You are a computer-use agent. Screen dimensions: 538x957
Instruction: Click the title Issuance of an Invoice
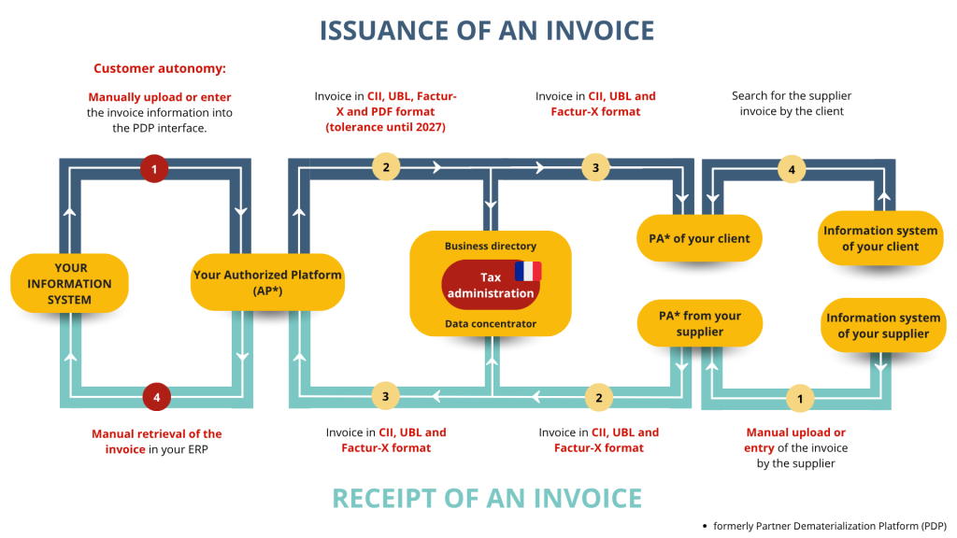(487, 30)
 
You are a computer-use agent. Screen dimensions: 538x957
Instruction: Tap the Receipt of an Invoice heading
(487, 498)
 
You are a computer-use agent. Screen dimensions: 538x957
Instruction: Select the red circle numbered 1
(153, 168)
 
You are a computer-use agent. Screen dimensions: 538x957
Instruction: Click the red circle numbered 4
(157, 397)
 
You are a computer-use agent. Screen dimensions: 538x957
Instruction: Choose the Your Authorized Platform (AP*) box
(267, 282)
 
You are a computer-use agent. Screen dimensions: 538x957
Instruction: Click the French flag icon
(528, 271)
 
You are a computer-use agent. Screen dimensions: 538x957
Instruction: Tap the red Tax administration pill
(491, 285)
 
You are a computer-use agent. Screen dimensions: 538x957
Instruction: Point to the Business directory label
(491, 247)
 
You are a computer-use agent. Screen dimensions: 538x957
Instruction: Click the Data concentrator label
(491, 323)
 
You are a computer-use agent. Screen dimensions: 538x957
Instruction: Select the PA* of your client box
(699, 238)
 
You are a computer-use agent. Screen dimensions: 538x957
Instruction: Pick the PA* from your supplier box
(699, 323)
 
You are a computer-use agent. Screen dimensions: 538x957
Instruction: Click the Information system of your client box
(880, 238)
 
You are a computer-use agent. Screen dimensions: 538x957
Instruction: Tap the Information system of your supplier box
(883, 325)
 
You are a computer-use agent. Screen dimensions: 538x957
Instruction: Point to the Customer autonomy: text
(160, 68)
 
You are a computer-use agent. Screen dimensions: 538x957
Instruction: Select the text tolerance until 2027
(385, 127)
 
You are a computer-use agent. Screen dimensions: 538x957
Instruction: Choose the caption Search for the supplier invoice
(792, 103)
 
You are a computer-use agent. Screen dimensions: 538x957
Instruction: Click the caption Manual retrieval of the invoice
(157, 441)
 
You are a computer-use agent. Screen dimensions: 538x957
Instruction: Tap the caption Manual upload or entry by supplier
(796, 447)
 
